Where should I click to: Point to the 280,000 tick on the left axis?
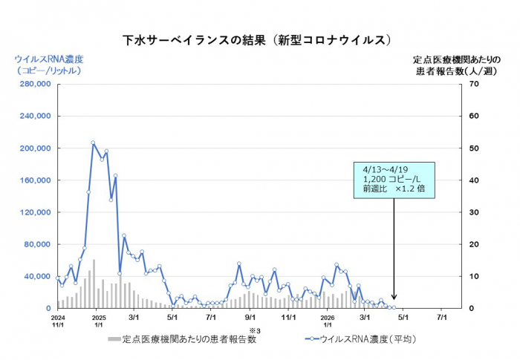click(33, 85)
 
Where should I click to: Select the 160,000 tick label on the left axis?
click(33, 180)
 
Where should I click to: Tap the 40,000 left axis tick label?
click(36, 276)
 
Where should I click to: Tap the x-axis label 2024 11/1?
click(58, 320)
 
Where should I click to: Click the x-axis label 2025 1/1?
click(97, 320)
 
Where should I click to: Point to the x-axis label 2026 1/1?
click(328, 320)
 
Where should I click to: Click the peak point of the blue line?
click(93, 143)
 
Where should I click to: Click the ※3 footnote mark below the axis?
click(252, 330)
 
